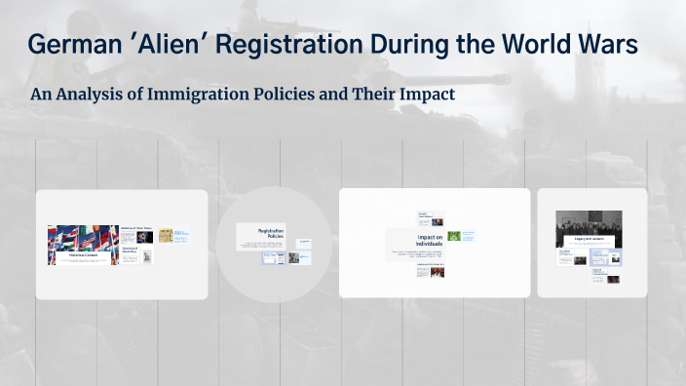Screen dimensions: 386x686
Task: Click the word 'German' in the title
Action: coord(73,46)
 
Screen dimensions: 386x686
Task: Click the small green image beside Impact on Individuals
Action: coord(454,237)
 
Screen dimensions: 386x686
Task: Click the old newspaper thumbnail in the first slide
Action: coord(166,235)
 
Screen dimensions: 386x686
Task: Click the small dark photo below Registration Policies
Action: coord(292,258)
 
